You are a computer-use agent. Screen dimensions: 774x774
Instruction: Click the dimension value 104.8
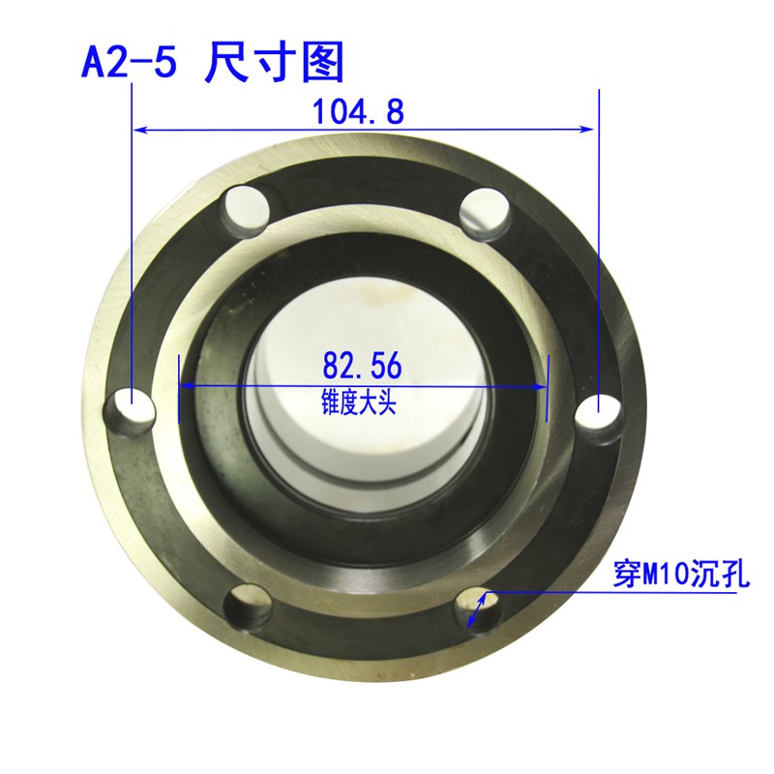357,112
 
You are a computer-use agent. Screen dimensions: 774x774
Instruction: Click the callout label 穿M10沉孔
682,576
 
